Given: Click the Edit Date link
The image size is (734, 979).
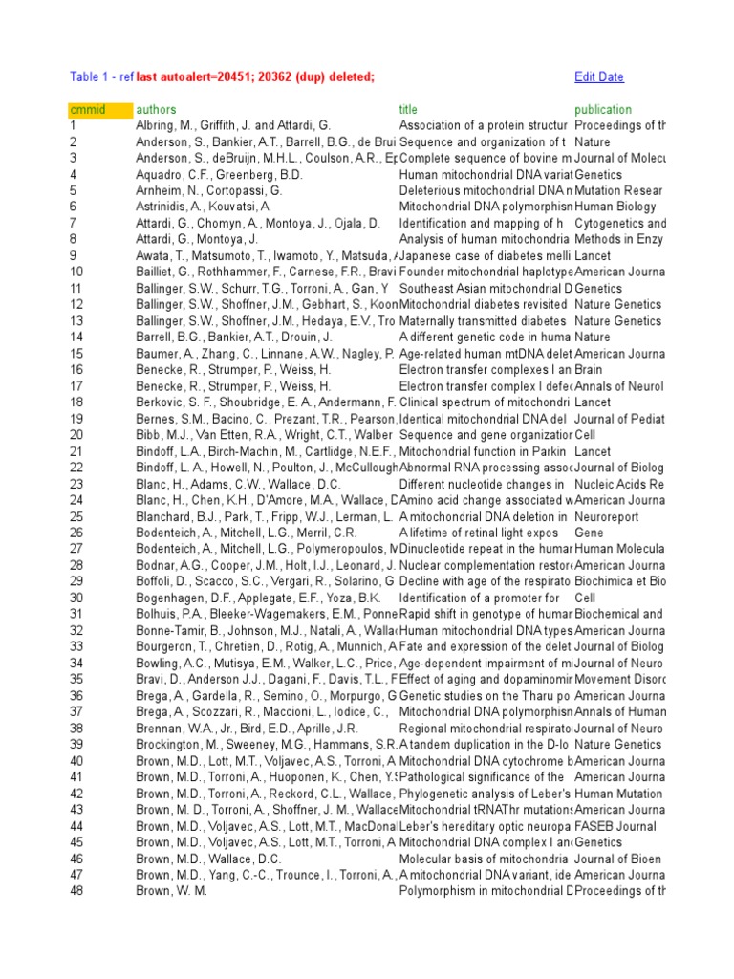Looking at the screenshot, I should click(x=599, y=76).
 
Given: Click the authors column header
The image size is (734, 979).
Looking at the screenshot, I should click(x=157, y=109).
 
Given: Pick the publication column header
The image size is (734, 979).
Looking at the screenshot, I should click(x=603, y=109).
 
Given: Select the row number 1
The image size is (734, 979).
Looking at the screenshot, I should click(x=73, y=125).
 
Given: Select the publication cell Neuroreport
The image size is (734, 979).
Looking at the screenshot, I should click(x=609, y=516).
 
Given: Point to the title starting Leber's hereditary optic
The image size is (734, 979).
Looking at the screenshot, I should click(x=483, y=825).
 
